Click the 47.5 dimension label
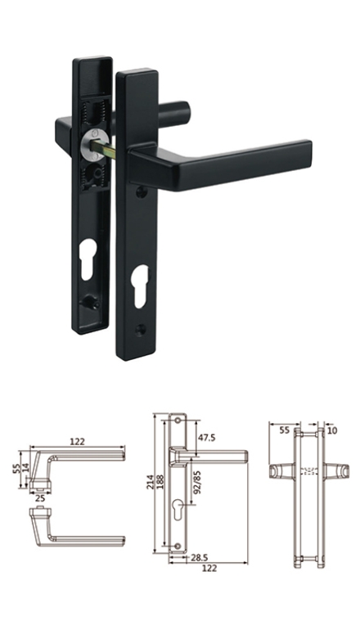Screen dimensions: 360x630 click(206, 438)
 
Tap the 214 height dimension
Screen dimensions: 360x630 click(151, 482)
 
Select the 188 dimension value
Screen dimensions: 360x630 click(160, 482)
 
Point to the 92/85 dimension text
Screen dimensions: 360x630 click(197, 482)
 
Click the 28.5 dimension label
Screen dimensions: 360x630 click(200, 558)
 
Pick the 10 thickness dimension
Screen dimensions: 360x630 click(333, 430)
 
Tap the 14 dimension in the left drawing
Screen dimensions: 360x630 click(25, 468)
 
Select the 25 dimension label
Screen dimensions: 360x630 click(40, 498)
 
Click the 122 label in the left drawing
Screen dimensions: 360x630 click(77, 442)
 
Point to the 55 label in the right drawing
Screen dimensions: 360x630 click(284, 430)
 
